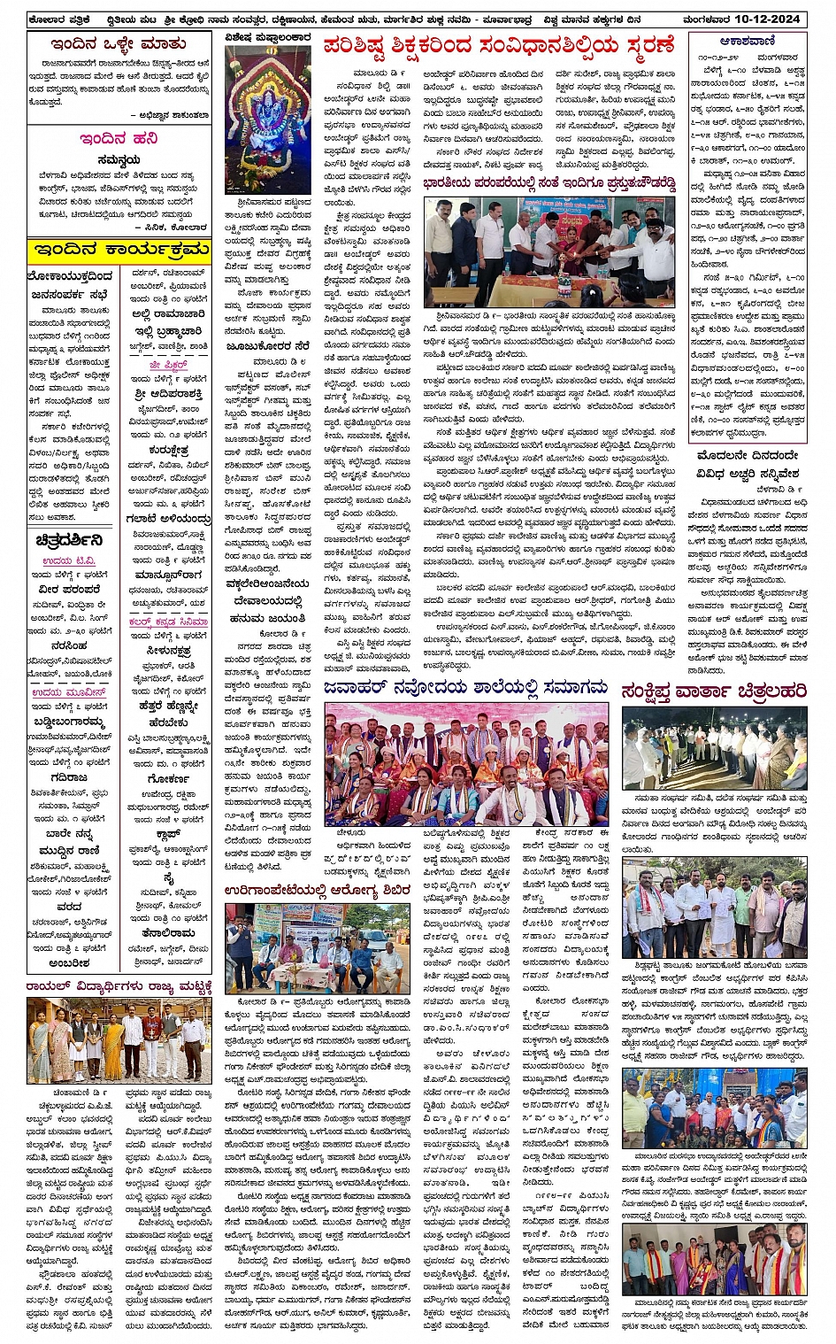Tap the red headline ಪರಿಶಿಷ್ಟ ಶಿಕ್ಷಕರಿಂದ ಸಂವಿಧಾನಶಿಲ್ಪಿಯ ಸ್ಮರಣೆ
(499, 45)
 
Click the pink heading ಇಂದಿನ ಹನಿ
(119, 139)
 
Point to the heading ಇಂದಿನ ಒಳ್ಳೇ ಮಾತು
(118, 43)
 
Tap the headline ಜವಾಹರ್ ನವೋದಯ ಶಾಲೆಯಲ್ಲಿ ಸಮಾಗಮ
(465, 687)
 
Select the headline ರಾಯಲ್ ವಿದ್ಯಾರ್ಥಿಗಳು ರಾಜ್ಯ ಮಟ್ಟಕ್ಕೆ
(119, 985)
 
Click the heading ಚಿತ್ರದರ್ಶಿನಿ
(69, 539)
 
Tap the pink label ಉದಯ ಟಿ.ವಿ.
(70, 561)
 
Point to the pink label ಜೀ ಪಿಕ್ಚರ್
(168, 364)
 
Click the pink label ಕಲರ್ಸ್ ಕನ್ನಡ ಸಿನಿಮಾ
(168, 622)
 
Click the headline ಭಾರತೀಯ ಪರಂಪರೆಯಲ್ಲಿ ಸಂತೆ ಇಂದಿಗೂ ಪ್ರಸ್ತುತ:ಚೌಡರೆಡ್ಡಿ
(548, 185)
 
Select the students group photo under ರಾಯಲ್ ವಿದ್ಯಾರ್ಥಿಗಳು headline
(119, 1039)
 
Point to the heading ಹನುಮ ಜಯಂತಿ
(267, 620)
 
